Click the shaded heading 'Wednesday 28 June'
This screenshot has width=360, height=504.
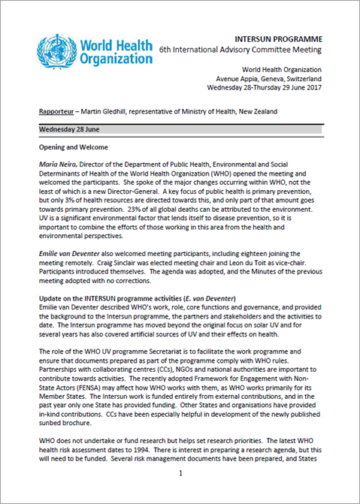click(x=70, y=129)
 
